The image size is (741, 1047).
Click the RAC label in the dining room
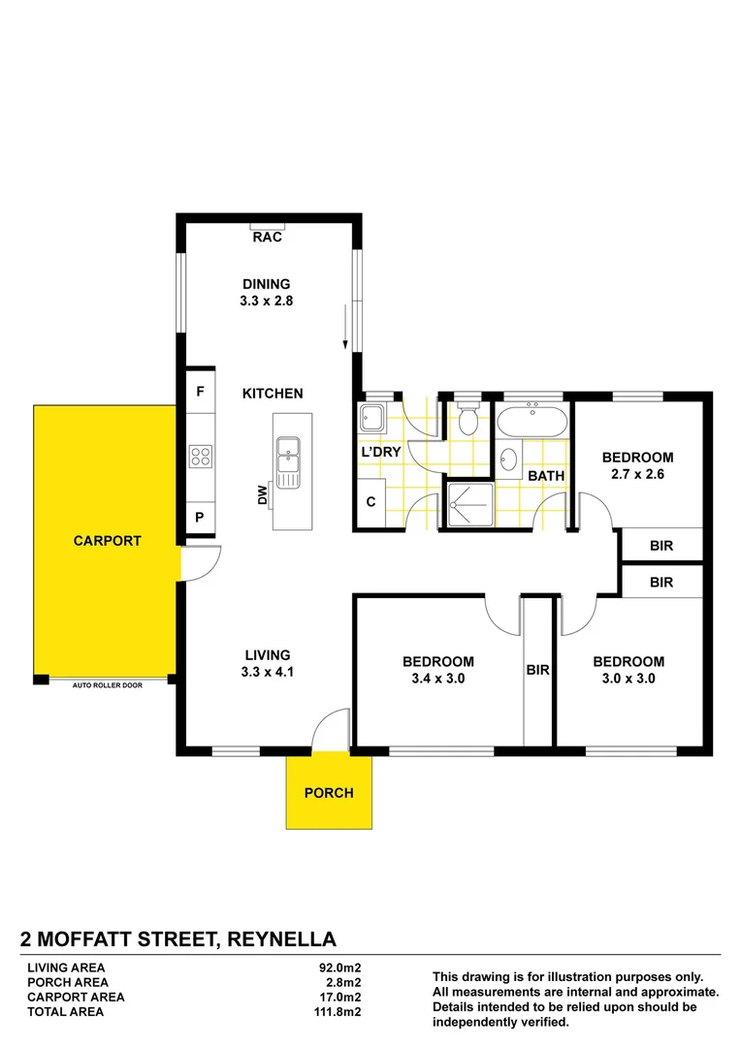click(x=267, y=237)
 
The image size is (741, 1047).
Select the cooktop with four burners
click(x=201, y=456)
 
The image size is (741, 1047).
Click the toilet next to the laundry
click(x=469, y=420)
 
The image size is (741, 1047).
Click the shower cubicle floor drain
click(x=468, y=505)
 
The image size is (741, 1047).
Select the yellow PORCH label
click(x=329, y=793)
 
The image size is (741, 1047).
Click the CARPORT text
click(x=107, y=541)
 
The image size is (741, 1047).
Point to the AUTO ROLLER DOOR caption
click(x=107, y=685)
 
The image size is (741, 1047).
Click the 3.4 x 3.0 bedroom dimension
click(x=438, y=679)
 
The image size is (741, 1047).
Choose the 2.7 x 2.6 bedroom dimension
click(x=637, y=475)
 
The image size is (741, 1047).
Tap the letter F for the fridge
click(x=200, y=393)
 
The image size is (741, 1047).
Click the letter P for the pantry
click(x=200, y=518)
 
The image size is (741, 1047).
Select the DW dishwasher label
click(x=263, y=496)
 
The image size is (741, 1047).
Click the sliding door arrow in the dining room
click(x=345, y=330)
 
